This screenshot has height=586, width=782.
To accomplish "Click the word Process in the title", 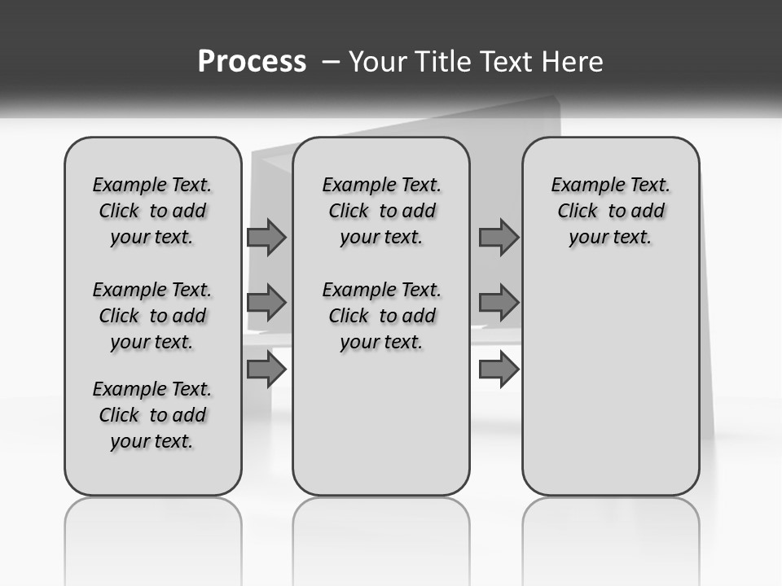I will tap(252, 62).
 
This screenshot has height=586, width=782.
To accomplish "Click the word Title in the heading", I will tap(439, 62).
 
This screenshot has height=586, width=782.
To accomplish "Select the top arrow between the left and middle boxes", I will tap(266, 237).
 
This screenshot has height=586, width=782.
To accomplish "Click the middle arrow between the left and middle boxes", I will tap(266, 303).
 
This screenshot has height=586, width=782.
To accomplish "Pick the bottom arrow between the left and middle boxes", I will tap(266, 370).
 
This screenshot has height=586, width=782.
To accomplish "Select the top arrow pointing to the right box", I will tap(499, 237).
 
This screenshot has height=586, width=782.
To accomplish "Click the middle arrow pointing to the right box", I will tap(499, 303).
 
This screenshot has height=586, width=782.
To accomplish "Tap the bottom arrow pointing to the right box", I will tap(499, 370).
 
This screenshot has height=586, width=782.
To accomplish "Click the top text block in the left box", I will tap(152, 211).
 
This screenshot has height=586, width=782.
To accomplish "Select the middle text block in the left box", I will tap(152, 316).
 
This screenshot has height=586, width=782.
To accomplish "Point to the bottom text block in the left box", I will tap(152, 415).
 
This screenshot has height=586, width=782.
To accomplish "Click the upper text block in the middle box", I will tap(381, 211).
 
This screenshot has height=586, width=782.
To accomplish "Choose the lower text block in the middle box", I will tap(381, 316).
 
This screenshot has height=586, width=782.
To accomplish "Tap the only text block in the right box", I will tap(610, 211).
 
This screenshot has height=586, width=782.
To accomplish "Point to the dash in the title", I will tap(330, 62).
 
